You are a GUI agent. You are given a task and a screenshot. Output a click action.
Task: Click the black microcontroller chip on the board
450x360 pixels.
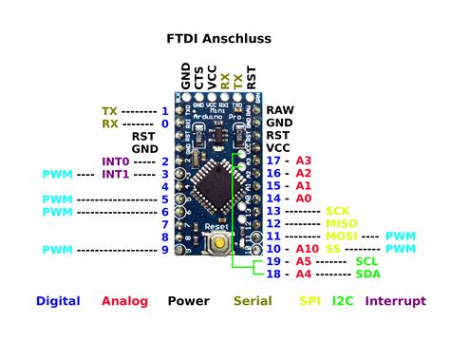tap(217, 183)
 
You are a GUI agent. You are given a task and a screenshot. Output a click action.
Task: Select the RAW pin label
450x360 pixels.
tap(279, 110)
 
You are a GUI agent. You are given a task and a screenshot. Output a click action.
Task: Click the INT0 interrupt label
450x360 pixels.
tap(116, 161)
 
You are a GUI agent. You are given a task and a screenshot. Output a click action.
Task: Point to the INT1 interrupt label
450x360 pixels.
tap(116, 174)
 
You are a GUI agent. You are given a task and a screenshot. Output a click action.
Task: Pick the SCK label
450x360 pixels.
tap(338, 211)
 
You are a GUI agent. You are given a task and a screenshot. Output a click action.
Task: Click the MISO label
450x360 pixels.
tap(341, 223)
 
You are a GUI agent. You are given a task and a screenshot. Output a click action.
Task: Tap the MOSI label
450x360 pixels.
tap(341, 236)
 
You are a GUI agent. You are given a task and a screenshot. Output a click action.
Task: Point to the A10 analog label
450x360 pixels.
tap(306, 248)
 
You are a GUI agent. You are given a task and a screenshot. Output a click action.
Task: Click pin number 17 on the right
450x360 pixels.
tap(274, 161)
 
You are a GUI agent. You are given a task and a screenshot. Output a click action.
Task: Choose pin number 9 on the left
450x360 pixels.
tap(164, 249)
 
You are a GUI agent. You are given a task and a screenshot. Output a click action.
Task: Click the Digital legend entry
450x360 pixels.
tap(57, 301)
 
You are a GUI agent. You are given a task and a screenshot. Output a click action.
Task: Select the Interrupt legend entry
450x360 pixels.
tap(395, 301)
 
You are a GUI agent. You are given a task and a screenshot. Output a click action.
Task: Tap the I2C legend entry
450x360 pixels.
tap(343, 301)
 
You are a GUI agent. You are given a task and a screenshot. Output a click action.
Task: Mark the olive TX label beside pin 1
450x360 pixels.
tap(110, 110)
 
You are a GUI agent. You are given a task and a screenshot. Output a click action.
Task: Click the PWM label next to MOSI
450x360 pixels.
tap(401, 236)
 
